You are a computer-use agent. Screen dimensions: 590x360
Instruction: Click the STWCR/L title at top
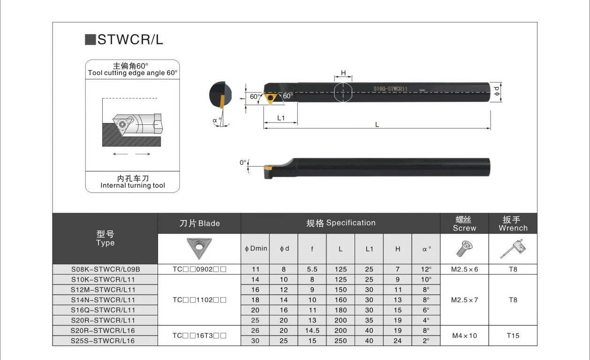pyautogui.click(x=130, y=40)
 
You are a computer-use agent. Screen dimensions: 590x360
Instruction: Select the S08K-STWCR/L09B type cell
pyautogui.click(x=106, y=269)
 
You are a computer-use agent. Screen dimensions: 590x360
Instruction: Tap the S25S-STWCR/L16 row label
pyautogui.click(x=103, y=341)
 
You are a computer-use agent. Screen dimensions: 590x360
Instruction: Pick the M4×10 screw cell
pyautogui.click(x=464, y=336)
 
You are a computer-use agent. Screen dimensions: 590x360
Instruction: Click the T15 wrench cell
pyautogui.click(x=513, y=336)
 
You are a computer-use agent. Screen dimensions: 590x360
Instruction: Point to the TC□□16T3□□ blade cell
pyautogui.click(x=199, y=336)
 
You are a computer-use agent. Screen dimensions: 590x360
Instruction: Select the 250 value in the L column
pyautogui.click(x=341, y=341)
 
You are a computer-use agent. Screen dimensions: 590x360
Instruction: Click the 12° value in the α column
pyautogui.click(x=426, y=269)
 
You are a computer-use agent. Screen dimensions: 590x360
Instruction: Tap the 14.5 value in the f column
pyautogui.click(x=312, y=330)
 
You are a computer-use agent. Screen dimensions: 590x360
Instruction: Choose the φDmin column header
pyautogui.click(x=256, y=249)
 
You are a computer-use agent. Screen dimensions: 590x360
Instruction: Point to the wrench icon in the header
pyautogui.click(x=513, y=249)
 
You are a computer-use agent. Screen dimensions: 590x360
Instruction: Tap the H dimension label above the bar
pyautogui.click(x=343, y=73)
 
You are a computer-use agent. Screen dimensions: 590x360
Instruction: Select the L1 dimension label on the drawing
pyautogui.click(x=280, y=118)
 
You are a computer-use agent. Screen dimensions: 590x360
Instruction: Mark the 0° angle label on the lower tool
pyautogui.click(x=243, y=163)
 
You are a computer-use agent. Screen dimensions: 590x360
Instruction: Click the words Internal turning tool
pyautogui.click(x=133, y=185)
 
